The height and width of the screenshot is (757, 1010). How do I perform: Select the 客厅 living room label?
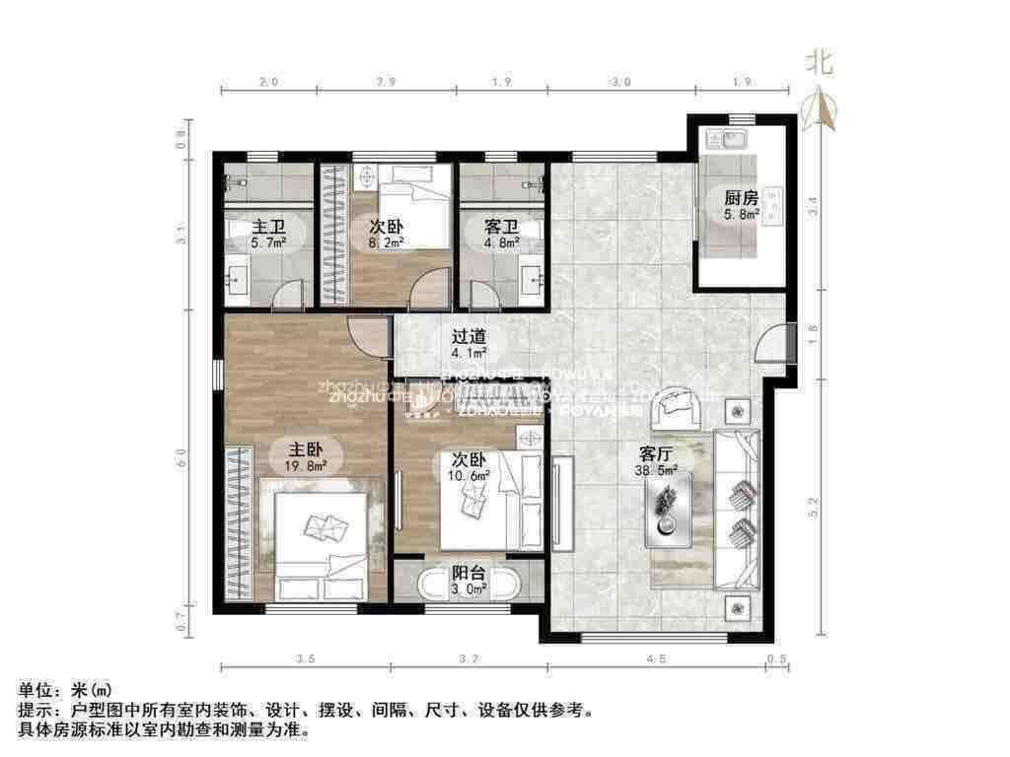pos(656,454)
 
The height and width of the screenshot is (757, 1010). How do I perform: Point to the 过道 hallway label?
pos(469,334)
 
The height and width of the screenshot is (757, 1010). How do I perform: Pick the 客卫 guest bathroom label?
pos(500,226)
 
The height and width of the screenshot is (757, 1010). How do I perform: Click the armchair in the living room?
pos(680,407)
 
